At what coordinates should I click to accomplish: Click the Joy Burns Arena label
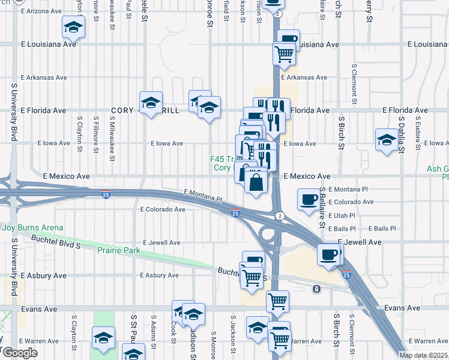pyautogui.click(x=32, y=227)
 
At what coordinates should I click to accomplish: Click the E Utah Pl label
pyautogui.click(x=342, y=215)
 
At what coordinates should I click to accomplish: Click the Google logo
pyautogui.click(x=20, y=353)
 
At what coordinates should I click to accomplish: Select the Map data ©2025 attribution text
pyautogui.click(x=423, y=355)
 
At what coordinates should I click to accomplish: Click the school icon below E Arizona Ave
pyautogui.click(x=73, y=27)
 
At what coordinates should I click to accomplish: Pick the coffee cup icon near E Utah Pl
pyautogui.click(x=309, y=200)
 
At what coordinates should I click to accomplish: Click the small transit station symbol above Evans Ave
pyautogui.click(x=317, y=289)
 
